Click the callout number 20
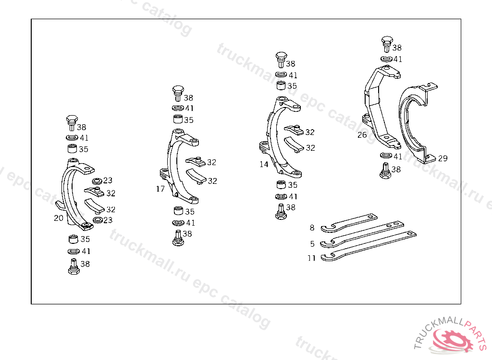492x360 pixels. tap(59, 218)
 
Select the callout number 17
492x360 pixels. tap(160, 189)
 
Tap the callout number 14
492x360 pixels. tap(264, 164)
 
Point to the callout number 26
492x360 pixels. tap(362, 135)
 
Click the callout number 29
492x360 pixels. tap(443, 158)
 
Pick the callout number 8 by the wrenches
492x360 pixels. tap(312, 228)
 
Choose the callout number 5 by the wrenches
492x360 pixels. tap(312, 244)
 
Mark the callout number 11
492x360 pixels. tap(311, 258)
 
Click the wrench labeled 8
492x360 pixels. tap(349, 223)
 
